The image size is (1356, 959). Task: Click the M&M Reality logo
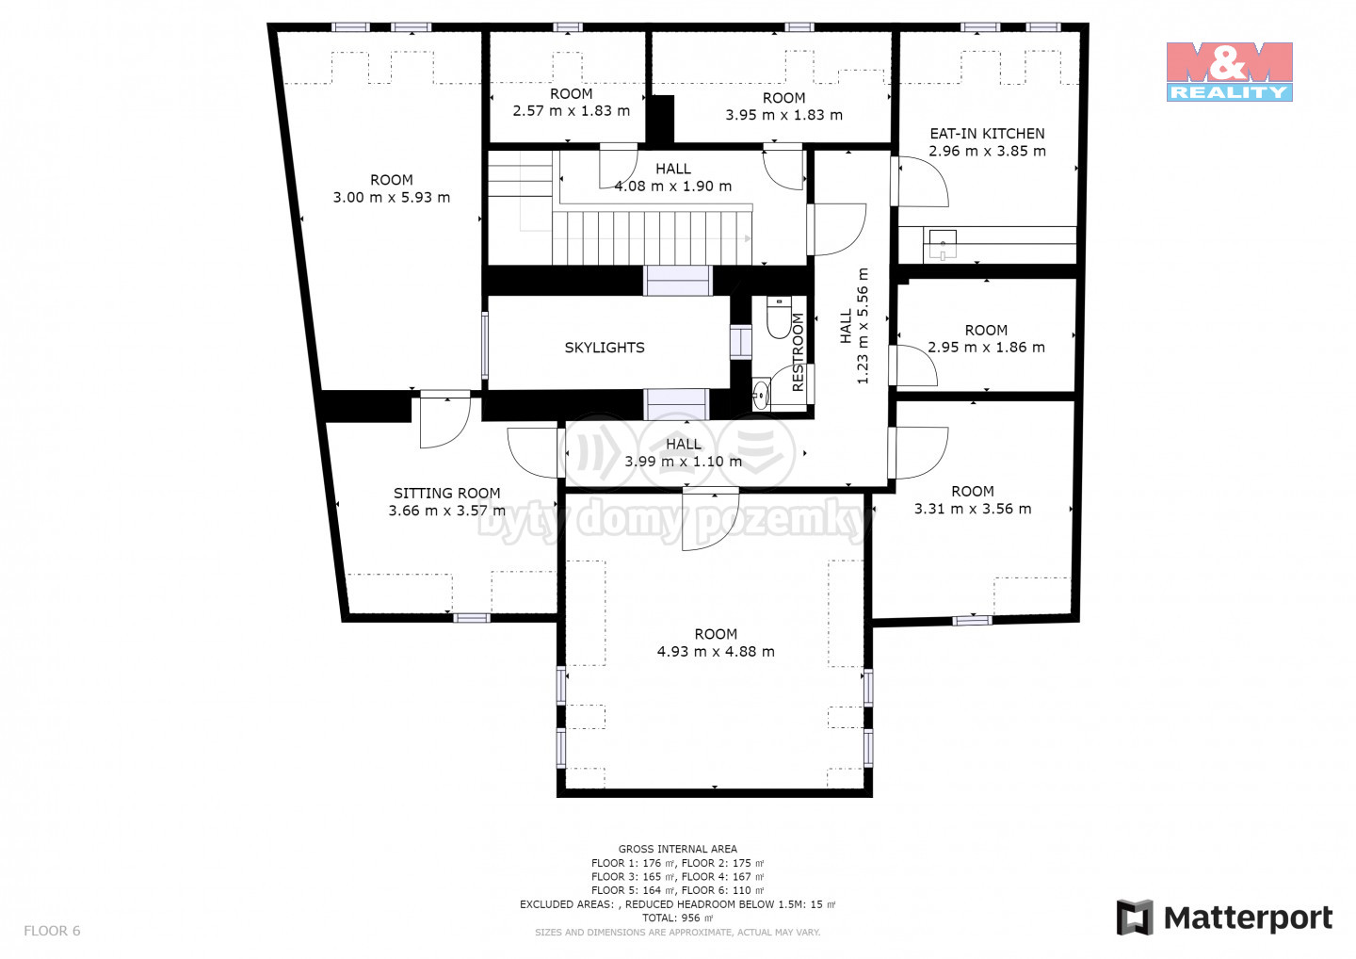[x=1230, y=72]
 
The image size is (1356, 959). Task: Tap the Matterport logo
[x=1224, y=918]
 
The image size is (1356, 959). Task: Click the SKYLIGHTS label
[x=605, y=348]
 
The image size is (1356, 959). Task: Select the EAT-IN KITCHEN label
[x=987, y=134]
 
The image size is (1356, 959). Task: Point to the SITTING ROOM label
[x=446, y=494]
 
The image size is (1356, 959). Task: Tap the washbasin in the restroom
[x=761, y=395]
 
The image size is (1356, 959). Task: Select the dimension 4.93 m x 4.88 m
[x=716, y=652]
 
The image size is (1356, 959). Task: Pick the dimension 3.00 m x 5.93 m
[x=392, y=198]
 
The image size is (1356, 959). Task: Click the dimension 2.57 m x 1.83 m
[x=572, y=111]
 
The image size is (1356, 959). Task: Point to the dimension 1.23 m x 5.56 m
[x=863, y=326]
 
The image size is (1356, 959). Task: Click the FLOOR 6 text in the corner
[x=52, y=931]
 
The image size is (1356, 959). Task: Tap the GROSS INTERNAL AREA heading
[x=677, y=849]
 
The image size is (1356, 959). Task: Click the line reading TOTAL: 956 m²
[x=677, y=918]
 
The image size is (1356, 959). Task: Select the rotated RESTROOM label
[x=798, y=352]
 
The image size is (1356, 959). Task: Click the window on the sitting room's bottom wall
[x=472, y=618]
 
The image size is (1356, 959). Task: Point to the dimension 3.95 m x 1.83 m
[x=783, y=115]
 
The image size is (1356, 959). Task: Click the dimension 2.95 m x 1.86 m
[x=986, y=348]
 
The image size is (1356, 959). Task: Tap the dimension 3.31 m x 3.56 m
[x=973, y=509]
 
